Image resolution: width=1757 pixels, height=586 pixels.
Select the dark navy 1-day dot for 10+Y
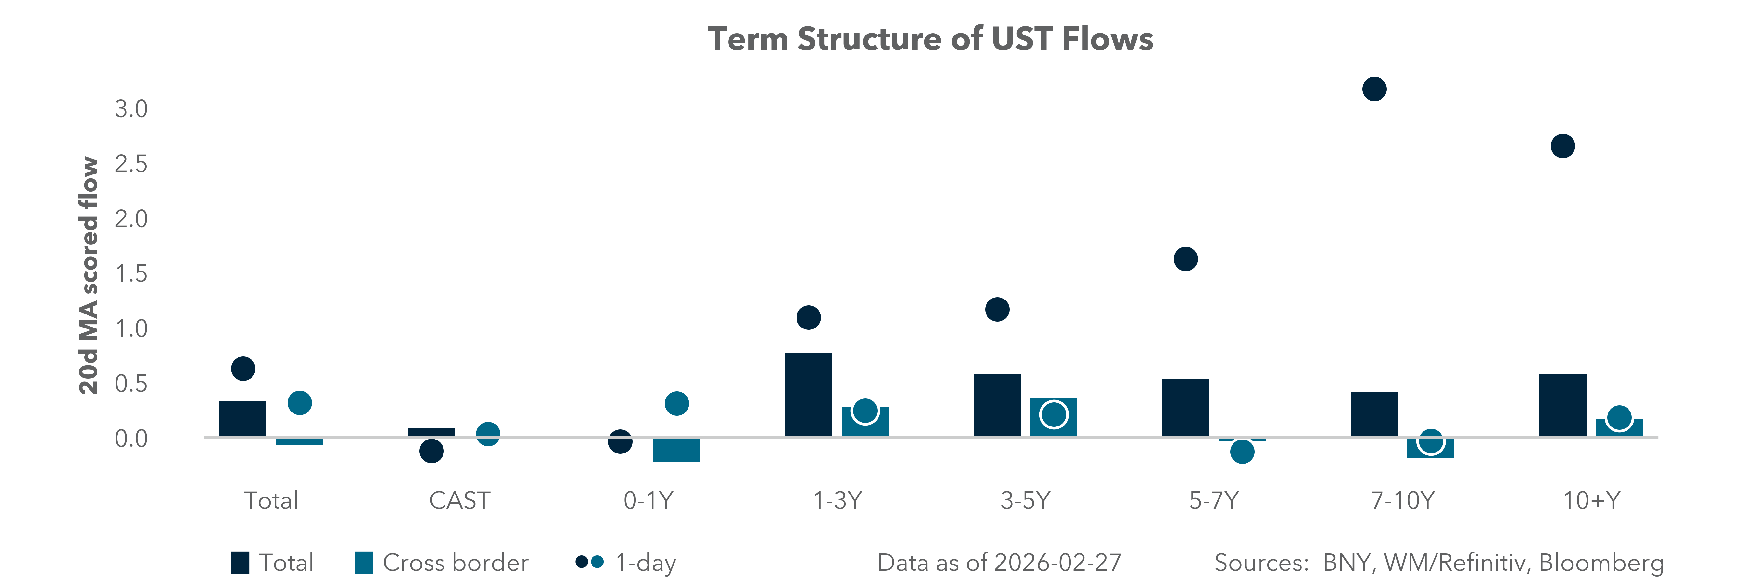(x=1562, y=146)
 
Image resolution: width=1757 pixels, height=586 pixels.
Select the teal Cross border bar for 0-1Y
(x=676, y=450)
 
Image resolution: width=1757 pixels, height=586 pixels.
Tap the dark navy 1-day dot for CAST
(x=431, y=451)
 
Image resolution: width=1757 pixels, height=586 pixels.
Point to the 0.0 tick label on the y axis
(x=131, y=439)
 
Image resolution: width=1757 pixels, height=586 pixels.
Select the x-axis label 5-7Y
(x=1213, y=501)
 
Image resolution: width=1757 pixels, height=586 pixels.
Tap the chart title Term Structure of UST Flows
(x=930, y=39)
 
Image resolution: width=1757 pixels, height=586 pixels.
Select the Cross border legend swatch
(x=363, y=563)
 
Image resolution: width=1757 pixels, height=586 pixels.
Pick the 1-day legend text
(x=645, y=563)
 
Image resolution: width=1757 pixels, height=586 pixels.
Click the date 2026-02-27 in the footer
(x=1057, y=563)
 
